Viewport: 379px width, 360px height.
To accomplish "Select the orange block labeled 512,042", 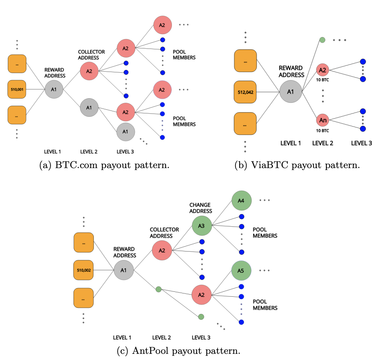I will point(245,92).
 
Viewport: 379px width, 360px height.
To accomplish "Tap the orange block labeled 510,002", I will point(83,270).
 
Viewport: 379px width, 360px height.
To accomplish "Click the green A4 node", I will point(241,200).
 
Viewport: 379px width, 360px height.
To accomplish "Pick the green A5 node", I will point(241,271).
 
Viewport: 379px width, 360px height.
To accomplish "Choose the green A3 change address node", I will point(201,226).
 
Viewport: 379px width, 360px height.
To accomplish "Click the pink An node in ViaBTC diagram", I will point(323,120).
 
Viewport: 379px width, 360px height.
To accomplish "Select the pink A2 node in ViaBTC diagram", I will point(323,69).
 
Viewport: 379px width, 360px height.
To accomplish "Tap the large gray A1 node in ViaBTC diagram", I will point(290,92).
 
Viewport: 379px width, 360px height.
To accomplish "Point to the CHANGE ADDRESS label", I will point(201,208).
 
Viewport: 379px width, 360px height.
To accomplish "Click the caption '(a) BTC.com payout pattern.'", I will point(104,165).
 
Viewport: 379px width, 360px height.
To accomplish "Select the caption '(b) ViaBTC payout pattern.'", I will point(297,165).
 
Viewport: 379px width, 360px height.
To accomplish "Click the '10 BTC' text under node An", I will point(323,131).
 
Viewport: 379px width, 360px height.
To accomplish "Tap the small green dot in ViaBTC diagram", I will point(323,40).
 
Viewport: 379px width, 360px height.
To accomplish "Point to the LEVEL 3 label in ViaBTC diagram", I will point(362,143).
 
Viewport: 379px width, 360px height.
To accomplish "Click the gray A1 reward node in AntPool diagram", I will point(124,270).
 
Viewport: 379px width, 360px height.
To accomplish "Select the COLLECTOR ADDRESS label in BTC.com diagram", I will point(91,55).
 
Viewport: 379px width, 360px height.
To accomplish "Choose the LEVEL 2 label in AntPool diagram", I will point(162,338).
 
